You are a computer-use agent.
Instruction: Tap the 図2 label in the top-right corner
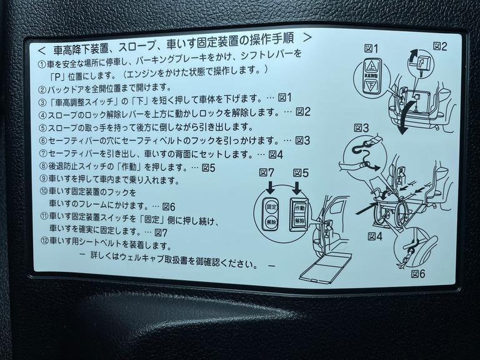[441, 46]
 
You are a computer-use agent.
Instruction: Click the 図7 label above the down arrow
[267, 171]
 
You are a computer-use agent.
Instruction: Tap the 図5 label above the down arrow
[301, 171]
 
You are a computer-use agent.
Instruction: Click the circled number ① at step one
[42, 65]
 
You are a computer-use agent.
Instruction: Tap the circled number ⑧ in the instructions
[42, 167]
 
